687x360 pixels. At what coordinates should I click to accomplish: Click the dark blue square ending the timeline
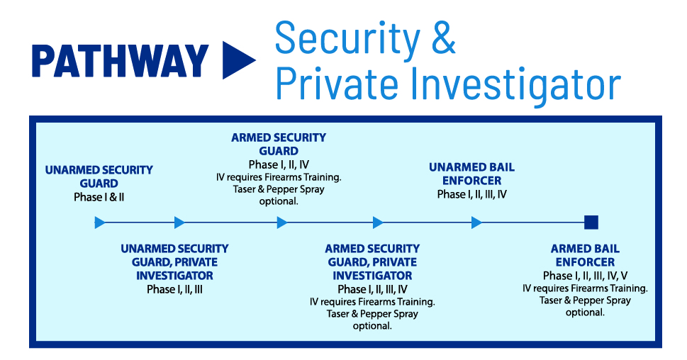(x=591, y=223)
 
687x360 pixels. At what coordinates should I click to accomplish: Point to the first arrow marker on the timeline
(x=100, y=223)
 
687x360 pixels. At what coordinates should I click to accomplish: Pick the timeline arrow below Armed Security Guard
(x=282, y=223)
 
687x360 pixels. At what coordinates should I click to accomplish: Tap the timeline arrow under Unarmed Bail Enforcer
(x=476, y=223)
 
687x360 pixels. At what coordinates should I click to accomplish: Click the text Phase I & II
(x=99, y=197)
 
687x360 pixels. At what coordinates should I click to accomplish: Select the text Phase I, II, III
(x=175, y=290)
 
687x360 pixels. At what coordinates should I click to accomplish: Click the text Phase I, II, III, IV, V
(x=586, y=276)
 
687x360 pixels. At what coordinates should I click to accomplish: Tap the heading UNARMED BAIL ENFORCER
(x=472, y=174)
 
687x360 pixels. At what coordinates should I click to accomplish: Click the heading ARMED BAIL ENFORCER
(x=586, y=255)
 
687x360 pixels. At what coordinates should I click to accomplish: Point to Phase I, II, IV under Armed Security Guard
(x=279, y=164)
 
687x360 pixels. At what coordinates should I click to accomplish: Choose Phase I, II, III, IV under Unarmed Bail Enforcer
(x=472, y=194)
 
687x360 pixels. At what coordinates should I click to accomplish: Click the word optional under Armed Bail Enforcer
(x=586, y=313)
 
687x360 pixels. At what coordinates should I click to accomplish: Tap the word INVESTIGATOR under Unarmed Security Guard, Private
(x=175, y=276)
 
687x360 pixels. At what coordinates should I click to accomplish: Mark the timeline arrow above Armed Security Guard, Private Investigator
(x=378, y=223)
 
